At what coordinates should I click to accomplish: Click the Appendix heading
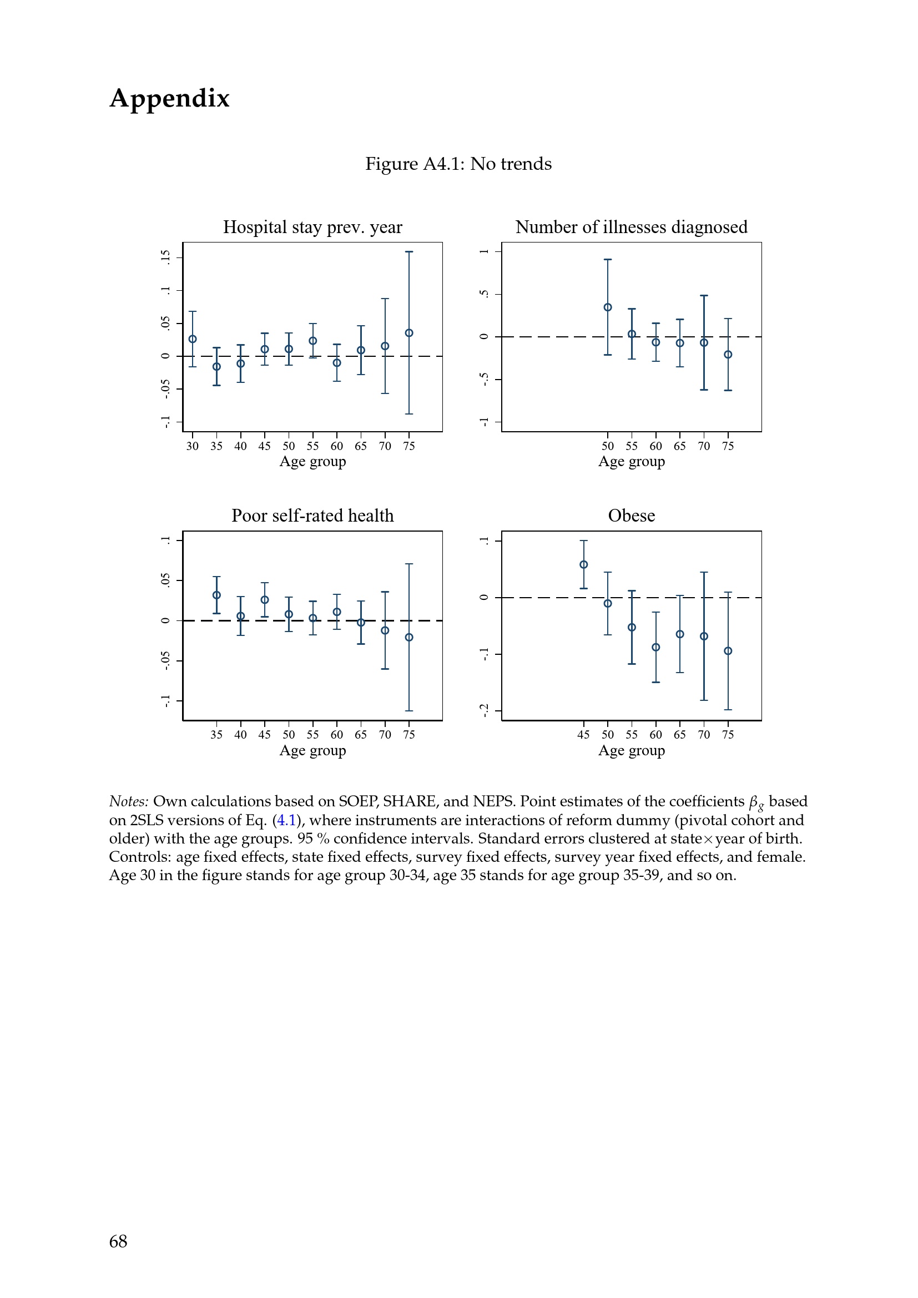point(170,99)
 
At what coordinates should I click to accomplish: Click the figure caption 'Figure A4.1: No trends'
point(458,164)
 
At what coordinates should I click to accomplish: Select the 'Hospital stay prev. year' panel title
point(312,228)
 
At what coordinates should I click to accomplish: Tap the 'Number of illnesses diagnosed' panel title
point(632,228)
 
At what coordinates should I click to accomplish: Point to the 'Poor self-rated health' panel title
point(312,516)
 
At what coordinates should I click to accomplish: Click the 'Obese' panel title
point(632,516)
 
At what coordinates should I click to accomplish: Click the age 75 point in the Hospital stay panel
point(409,333)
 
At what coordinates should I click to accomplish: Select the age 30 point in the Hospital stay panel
point(193,339)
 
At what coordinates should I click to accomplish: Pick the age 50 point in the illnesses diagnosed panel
point(608,307)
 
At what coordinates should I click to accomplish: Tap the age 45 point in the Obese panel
point(584,565)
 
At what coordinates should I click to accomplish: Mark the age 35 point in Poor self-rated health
point(216,595)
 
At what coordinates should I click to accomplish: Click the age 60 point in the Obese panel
point(655,647)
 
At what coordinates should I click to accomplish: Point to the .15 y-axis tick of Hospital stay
point(165,258)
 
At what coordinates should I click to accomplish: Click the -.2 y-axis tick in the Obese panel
point(484,711)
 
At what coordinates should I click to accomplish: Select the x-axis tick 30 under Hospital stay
point(193,446)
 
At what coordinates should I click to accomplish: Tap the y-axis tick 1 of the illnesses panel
point(484,251)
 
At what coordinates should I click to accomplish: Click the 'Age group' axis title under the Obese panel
point(632,751)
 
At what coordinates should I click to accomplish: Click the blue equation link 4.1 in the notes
point(286,820)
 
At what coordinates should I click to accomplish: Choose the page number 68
point(118,1241)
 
